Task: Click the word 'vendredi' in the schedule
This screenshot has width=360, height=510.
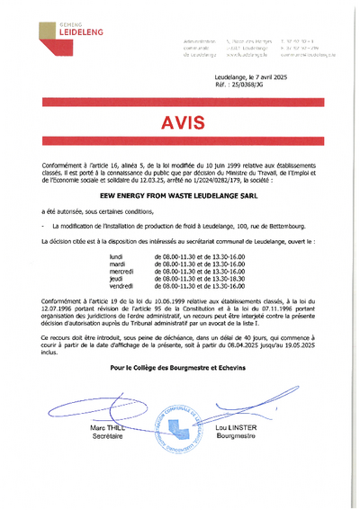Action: (x=121, y=286)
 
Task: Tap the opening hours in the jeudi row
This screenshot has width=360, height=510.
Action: (x=205, y=279)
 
